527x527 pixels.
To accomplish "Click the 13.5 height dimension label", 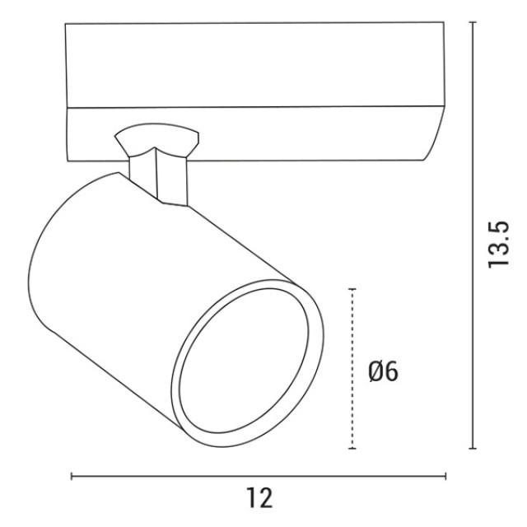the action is click(x=499, y=245).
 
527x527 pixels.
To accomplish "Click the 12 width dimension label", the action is click(x=259, y=498).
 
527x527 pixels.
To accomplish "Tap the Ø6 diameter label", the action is click(x=384, y=371).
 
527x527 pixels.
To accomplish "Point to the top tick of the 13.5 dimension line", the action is click(x=473, y=22).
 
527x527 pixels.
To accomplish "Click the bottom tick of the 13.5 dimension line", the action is click(x=473, y=448).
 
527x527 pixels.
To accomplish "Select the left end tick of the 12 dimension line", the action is click(x=72, y=476).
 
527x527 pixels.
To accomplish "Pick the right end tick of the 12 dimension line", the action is click(x=445, y=476).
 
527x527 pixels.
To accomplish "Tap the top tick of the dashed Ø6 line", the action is click(x=352, y=289).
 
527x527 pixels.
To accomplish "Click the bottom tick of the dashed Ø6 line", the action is click(x=352, y=448).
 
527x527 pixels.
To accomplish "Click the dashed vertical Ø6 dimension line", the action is click(x=352, y=368).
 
